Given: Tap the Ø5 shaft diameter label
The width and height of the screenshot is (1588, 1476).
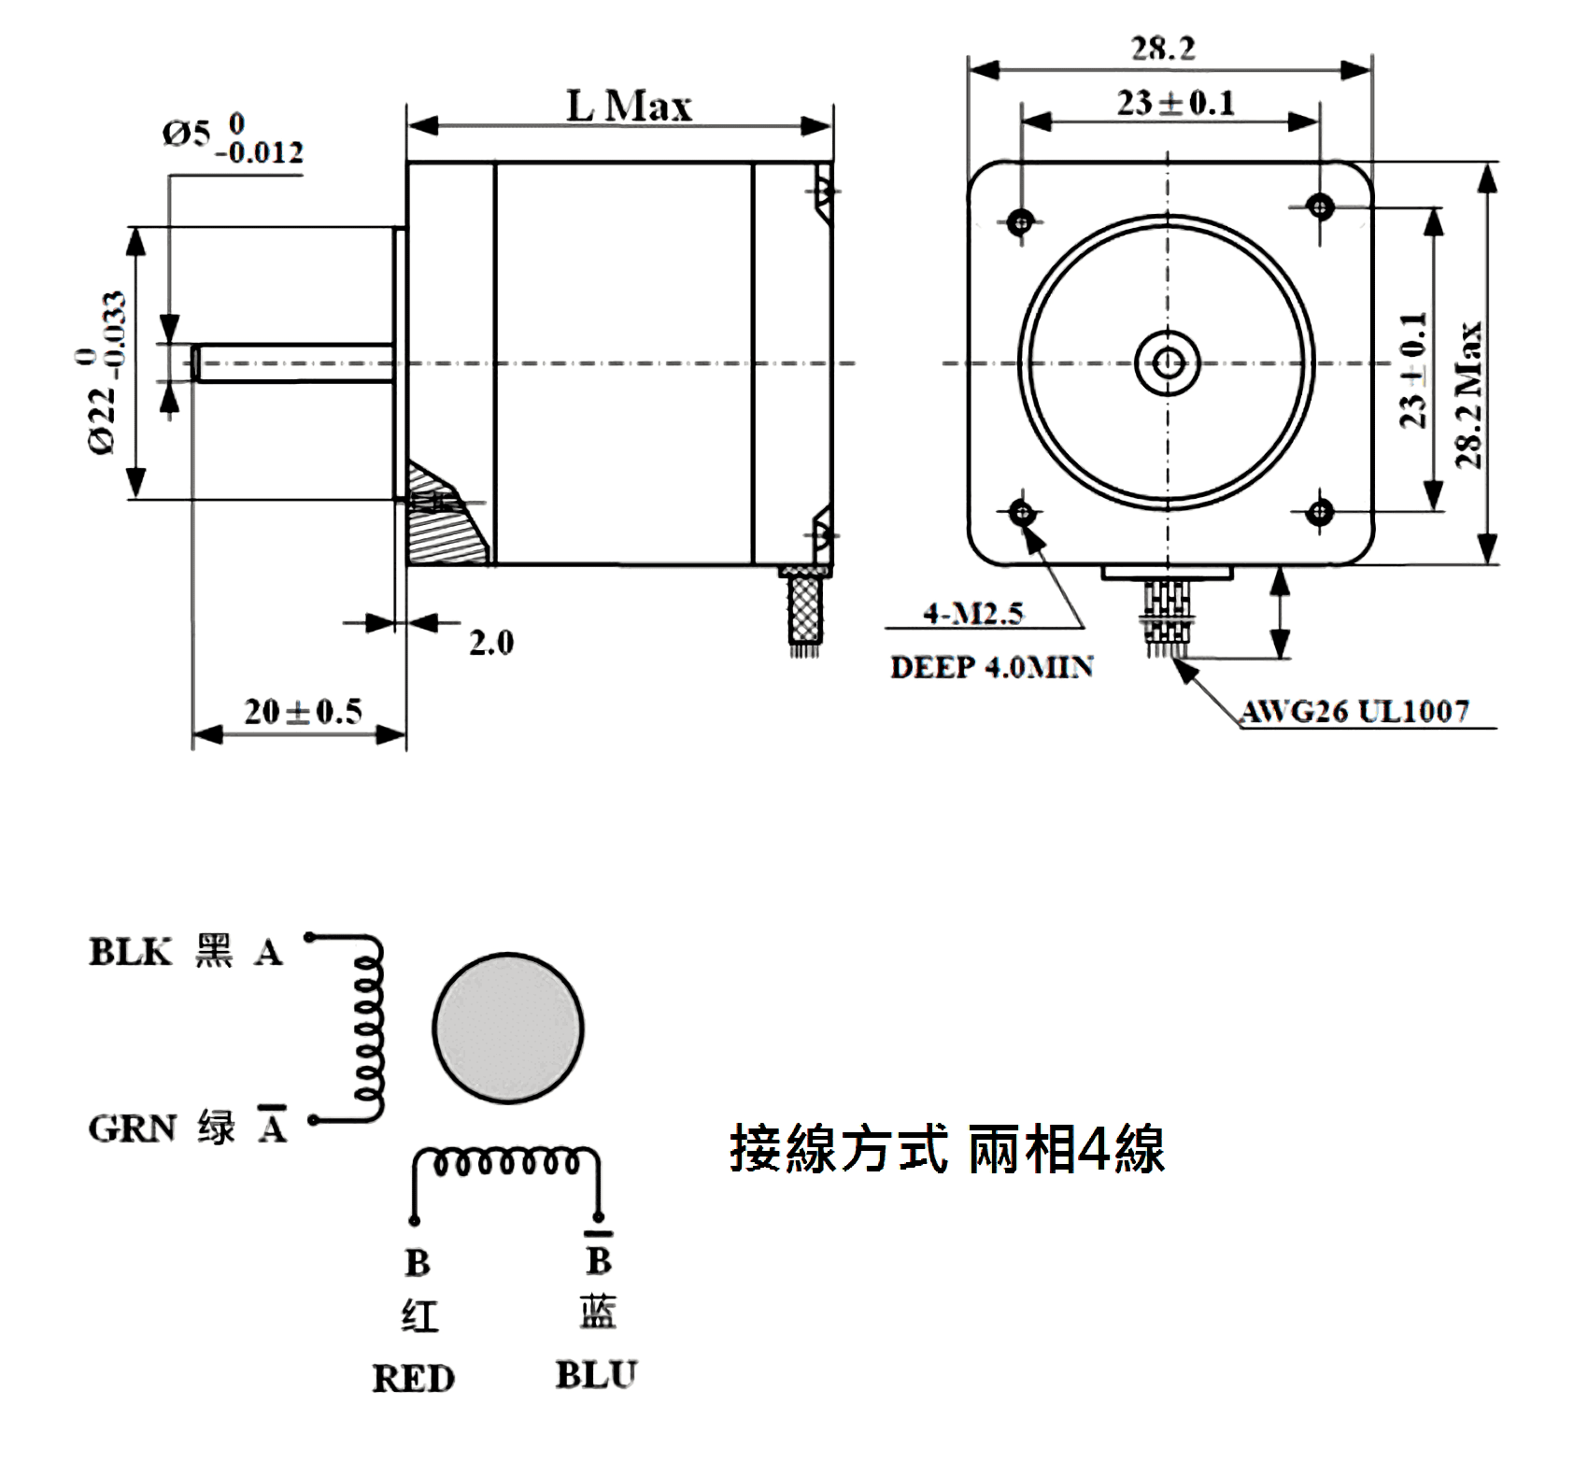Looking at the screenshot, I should (232, 138).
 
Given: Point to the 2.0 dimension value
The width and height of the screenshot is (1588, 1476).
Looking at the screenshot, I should (490, 643).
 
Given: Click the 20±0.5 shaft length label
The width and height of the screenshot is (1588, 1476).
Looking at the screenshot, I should (303, 712).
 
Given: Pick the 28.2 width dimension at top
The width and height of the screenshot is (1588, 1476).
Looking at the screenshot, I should (1163, 49).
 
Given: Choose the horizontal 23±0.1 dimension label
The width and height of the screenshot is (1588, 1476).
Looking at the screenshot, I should (1175, 103).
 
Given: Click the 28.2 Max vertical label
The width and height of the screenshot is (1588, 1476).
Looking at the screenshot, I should (1467, 394).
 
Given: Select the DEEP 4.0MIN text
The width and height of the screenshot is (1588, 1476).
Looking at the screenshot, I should (991, 667).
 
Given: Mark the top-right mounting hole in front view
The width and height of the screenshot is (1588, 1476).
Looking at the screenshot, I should (1319, 205).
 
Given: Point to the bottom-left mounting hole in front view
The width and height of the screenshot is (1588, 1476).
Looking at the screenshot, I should (1022, 511).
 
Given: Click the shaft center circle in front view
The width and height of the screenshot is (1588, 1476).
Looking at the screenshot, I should (1168, 362).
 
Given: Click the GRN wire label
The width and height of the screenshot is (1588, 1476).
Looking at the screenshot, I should (133, 1128).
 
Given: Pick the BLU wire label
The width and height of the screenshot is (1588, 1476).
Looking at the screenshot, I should (596, 1375).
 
